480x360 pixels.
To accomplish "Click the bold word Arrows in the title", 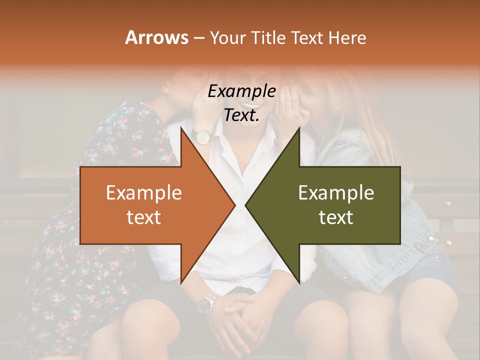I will click(x=157, y=37).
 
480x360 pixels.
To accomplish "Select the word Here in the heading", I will click(x=347, y=37).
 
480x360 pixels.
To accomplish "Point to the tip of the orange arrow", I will click(x=234, y=205).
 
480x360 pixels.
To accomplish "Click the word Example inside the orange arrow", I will click(x=144, y=193).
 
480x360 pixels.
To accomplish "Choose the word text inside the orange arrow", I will click(x=144, y=217).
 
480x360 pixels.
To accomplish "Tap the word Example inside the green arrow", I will click(x=336, y=193).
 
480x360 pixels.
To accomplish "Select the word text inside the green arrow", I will click(x=336, y=217).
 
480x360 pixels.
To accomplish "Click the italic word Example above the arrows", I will click(x=242, y=91).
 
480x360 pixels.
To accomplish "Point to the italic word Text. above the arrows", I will click(x=242, y=115).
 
